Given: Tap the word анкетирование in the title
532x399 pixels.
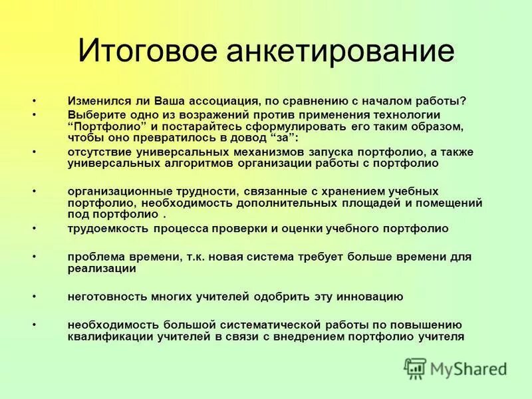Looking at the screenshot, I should tap(340, 51).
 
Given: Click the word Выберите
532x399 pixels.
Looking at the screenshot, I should tap(93, 115).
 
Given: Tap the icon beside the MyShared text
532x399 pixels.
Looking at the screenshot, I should tap(415, 368).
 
